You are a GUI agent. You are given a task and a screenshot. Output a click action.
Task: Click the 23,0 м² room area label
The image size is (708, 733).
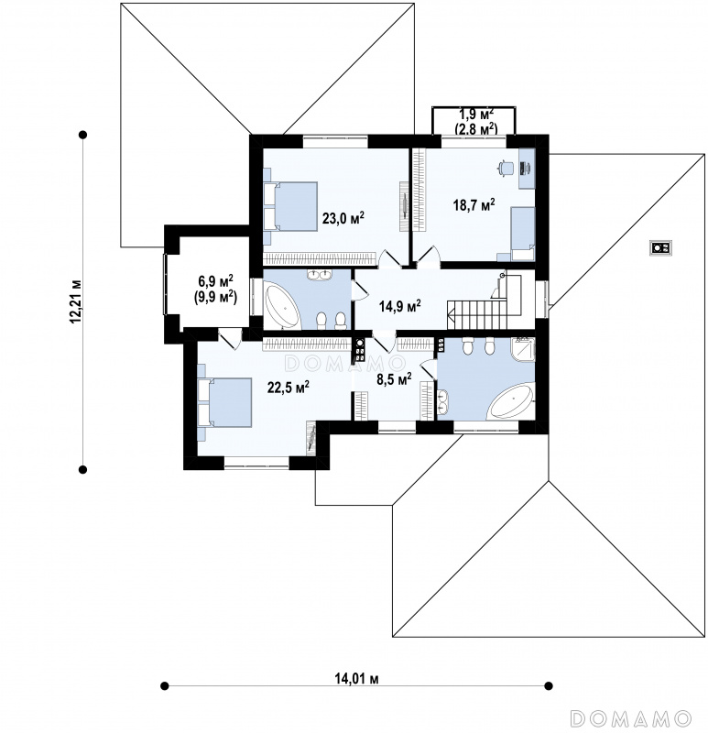343,218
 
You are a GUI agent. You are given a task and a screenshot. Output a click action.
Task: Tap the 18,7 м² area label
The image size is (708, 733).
474,204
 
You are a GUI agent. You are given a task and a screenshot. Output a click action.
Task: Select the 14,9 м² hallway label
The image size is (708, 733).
400,306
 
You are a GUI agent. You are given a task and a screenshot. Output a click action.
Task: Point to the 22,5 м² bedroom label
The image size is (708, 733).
289,387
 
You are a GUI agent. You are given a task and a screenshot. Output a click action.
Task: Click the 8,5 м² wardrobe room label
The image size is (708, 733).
395,377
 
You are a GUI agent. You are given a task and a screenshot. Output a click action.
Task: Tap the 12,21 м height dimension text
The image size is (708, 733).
76,301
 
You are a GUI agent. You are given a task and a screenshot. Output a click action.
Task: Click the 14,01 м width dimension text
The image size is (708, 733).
356,678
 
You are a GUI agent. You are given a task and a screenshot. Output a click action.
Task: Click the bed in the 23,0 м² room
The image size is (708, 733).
290,206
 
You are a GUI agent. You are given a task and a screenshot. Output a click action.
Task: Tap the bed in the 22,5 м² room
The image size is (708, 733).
224,402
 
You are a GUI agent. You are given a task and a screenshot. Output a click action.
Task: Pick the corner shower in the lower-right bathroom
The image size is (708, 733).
523,349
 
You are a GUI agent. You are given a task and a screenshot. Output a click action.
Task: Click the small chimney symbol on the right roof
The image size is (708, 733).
660,246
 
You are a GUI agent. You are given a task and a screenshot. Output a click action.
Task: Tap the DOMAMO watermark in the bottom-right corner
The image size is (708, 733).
631,717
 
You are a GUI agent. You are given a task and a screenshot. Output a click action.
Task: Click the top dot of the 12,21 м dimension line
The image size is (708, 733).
83,135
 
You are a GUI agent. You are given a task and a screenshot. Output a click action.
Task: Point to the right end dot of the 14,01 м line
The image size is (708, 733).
550,685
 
